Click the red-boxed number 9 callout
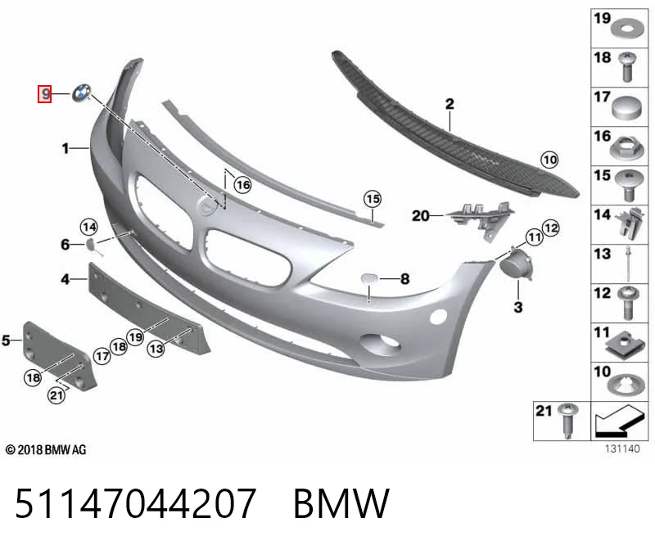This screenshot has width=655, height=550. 45,93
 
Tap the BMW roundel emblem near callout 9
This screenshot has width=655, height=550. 81,92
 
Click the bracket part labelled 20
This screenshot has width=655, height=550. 481,219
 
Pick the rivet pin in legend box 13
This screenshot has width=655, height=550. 628,264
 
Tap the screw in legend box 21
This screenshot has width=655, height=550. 568,420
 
